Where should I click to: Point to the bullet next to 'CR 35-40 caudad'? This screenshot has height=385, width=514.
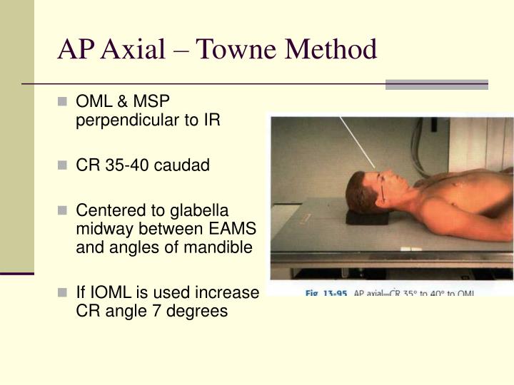63,166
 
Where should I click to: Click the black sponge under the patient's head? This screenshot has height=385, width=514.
368,215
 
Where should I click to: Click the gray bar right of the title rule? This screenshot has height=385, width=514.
436,84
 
